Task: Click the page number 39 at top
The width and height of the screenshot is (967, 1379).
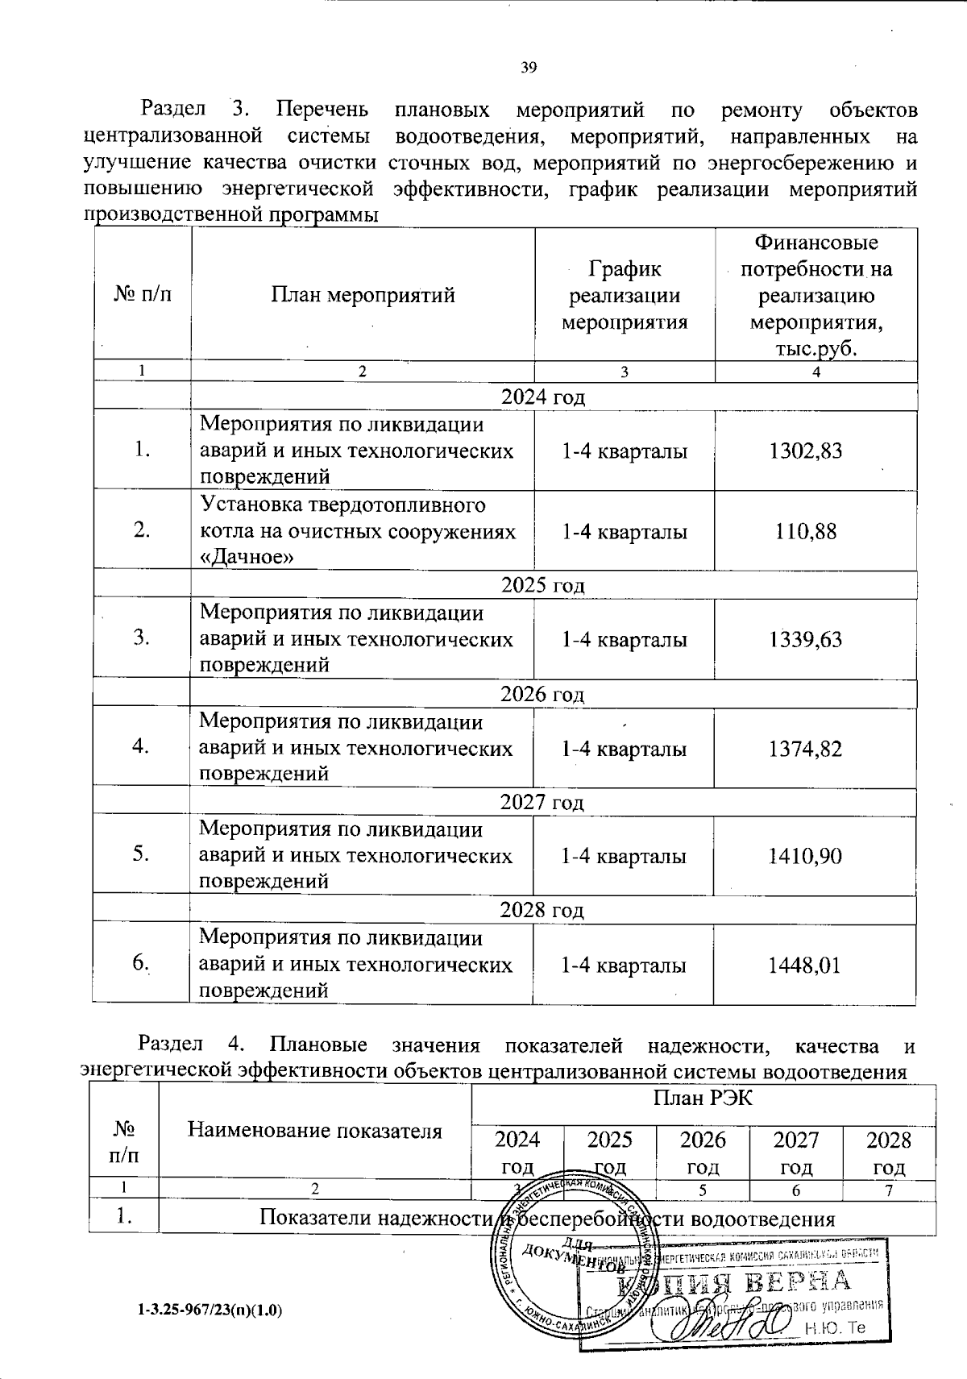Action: (529, 68)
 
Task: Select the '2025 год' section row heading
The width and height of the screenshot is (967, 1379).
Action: (542, 586)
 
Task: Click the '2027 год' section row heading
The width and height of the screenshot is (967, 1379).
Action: (542, 803)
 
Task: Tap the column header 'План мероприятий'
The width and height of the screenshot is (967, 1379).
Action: (363, 296)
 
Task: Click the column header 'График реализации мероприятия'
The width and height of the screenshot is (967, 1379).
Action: (625, 296)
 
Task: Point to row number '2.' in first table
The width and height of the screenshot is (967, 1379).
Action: (142, 531)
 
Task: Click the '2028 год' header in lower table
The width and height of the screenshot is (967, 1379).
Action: (889, 1153)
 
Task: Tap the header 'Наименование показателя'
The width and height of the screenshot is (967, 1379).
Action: (315, 1131)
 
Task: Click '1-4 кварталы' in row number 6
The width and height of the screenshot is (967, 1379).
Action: (624, 966)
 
